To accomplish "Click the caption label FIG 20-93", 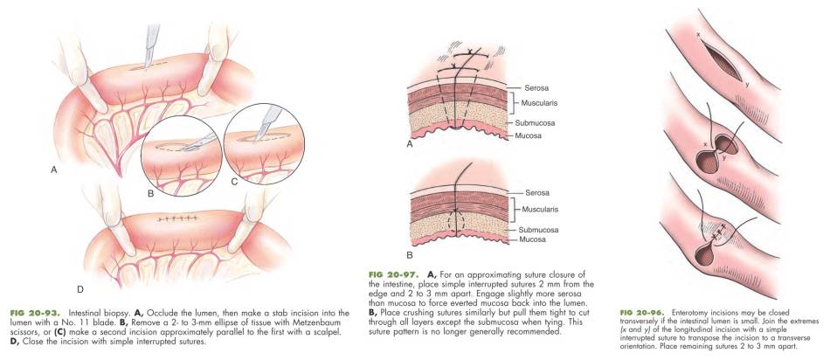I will pyautogui.click(x=25, y=312).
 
